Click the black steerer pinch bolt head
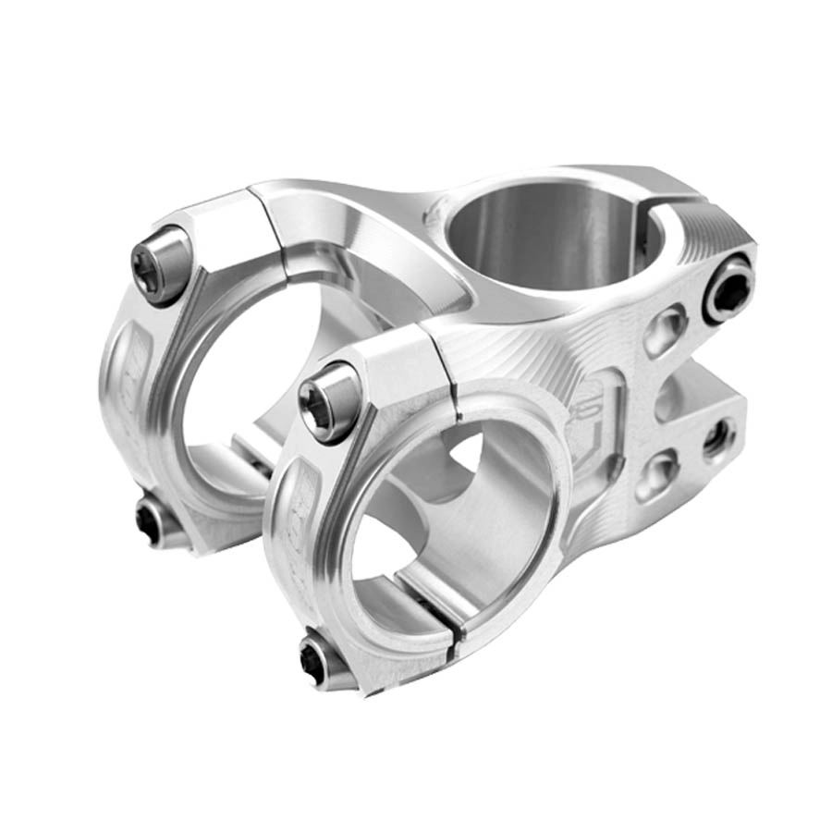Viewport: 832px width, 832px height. click(x=729, y=291)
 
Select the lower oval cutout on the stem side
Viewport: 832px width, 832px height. click(x=658, y=473)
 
